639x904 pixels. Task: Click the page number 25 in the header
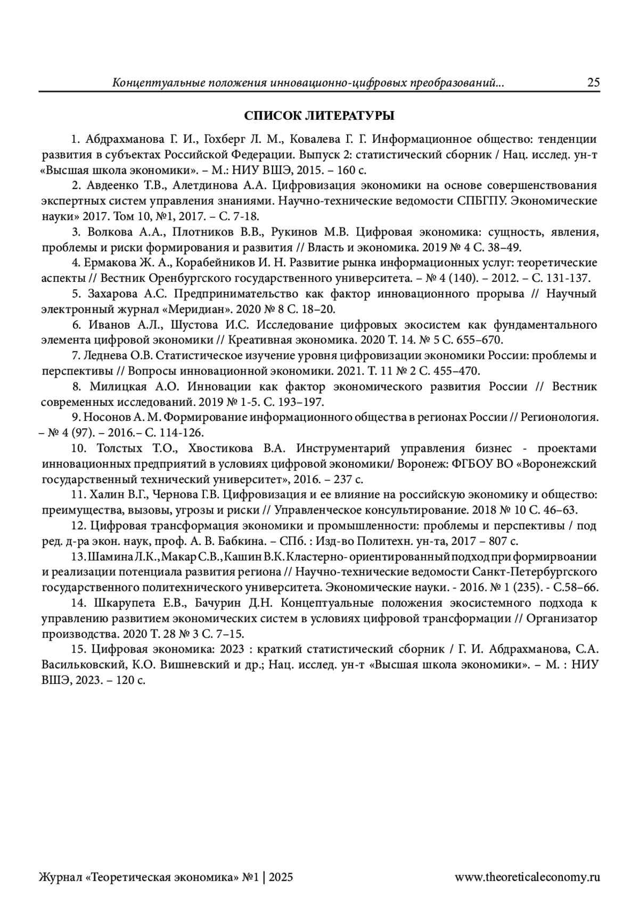(593, 83)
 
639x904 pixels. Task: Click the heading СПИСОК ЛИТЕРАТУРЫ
(319, 116)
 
